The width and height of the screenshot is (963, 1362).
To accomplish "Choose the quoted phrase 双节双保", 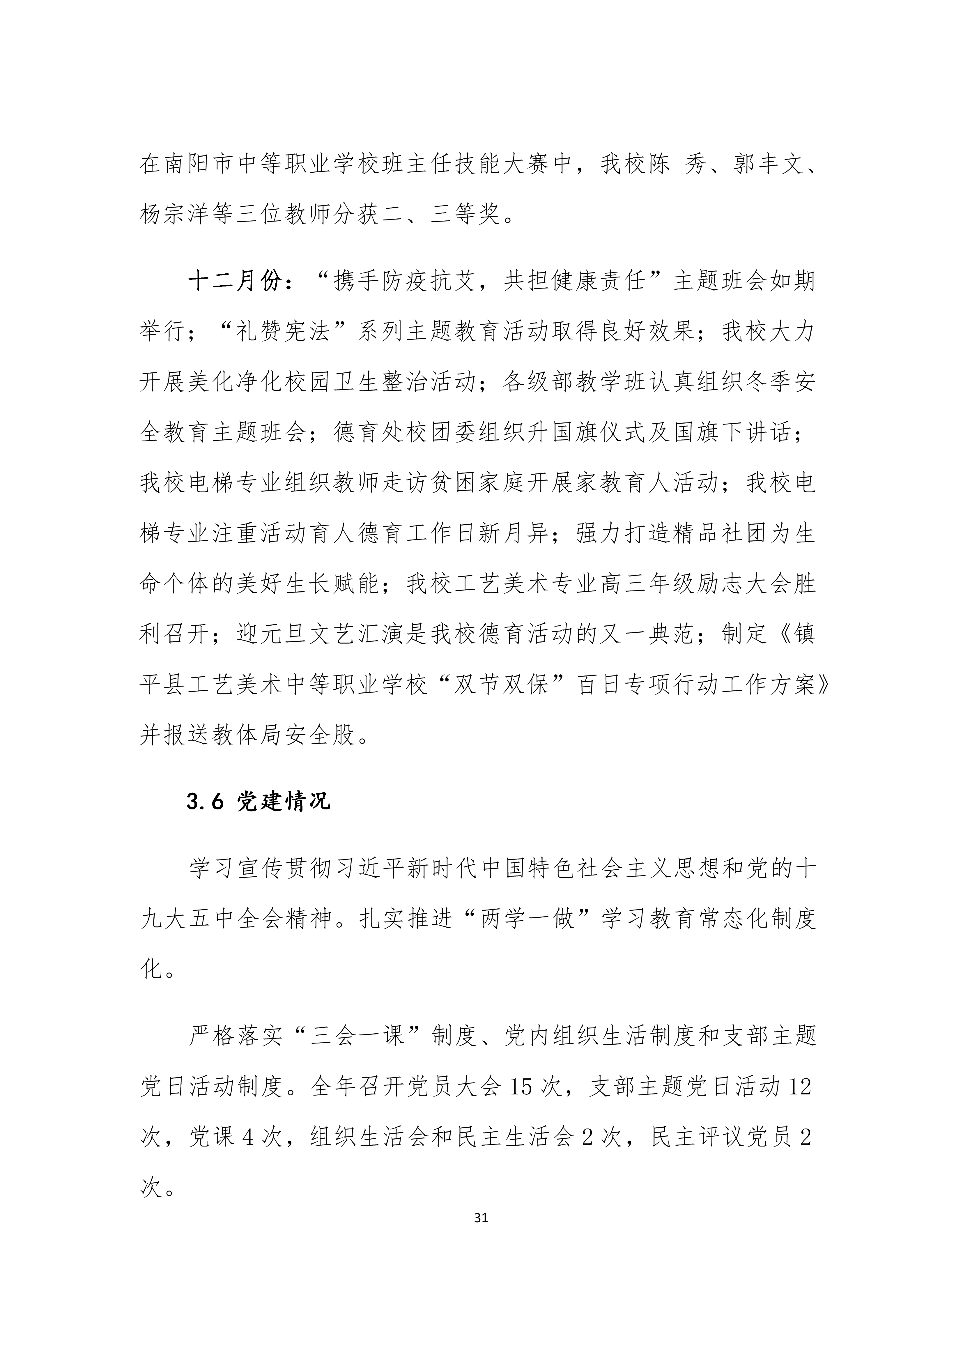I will (500, 686).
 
